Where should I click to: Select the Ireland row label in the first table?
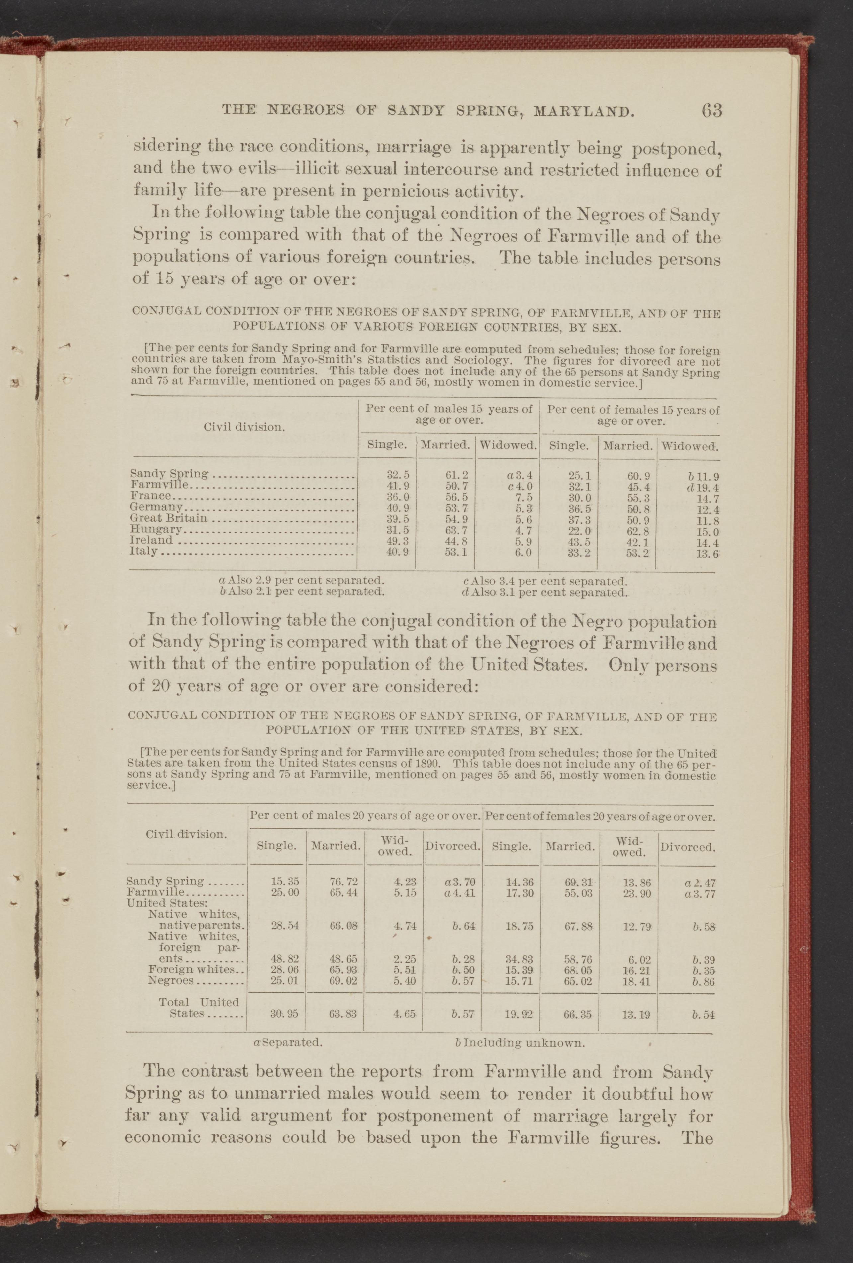tap(152, 540)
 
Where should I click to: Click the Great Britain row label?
tap(168, 518)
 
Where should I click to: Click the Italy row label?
tap(144, 551)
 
